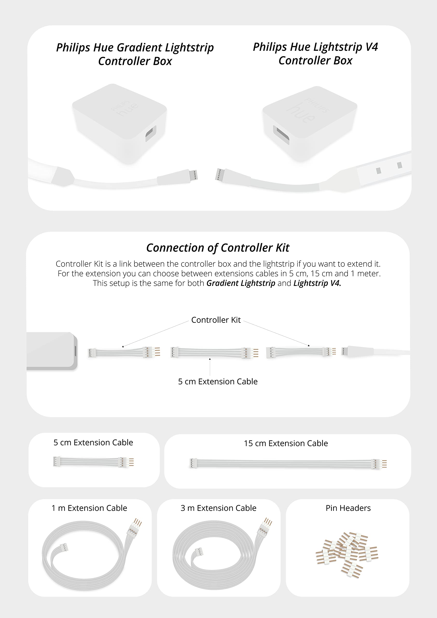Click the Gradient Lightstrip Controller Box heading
(x=135, y=54)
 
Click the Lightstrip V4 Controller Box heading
(x=315, y=54)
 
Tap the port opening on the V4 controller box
(x=281, y=134)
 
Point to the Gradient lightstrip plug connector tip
(x=194, y=175)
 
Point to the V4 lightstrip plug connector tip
(x=219, y=175)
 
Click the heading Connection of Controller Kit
(x=218, y=248)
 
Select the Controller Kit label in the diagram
(x=216, y=320)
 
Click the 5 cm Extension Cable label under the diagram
(x=218, y=381)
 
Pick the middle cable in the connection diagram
(x=215, y=353)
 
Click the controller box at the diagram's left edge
(x=52, y=351)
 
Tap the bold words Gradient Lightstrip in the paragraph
(x=241, y=283)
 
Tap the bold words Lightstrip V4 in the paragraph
(x=317, y=283)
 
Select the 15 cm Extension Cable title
(x=286, y=443)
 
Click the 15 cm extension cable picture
(x=288, y=463)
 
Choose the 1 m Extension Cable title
(x=89, y=508)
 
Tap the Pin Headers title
(x=348, y=508)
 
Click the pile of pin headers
(x=347, y=555)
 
